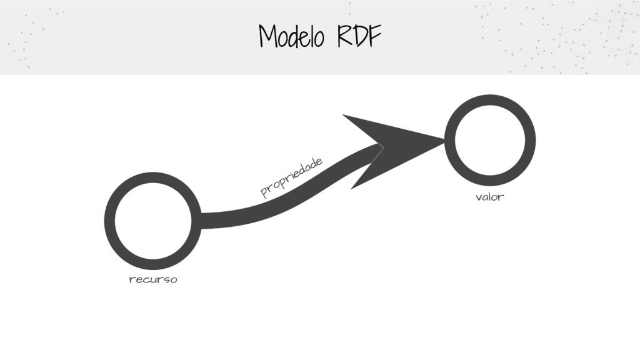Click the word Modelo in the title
(291, 37)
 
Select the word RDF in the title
(358, 37)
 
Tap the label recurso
(152, 279)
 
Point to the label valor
(489, 197)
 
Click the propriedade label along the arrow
(292, 177)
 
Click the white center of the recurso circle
(152, 221)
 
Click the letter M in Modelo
(267, 37)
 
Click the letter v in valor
(479, 198)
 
